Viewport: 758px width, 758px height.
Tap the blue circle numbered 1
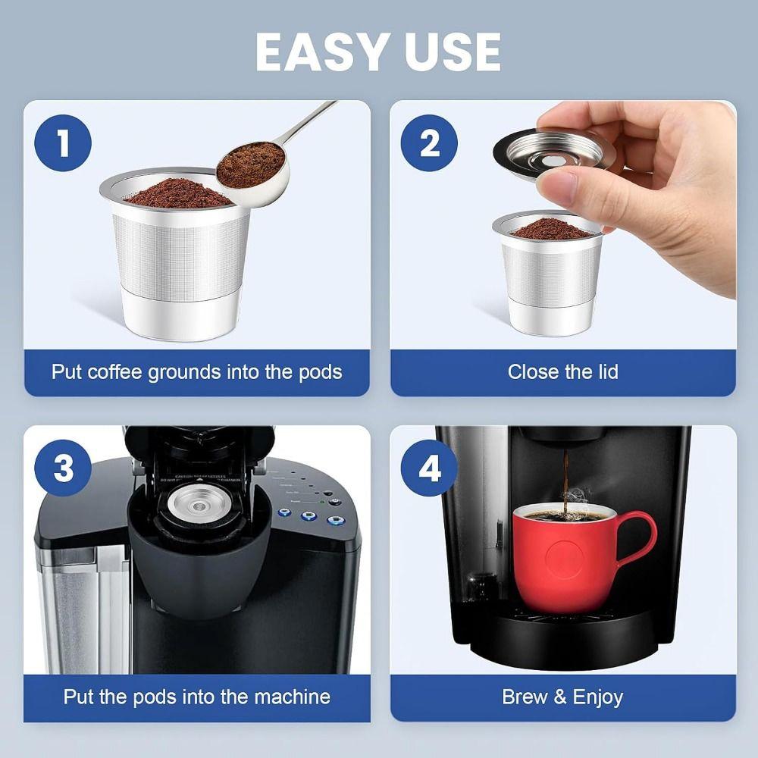pos(63,143)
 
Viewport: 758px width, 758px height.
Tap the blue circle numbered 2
pos(429,143)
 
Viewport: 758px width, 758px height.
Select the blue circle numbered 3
pos(63,468)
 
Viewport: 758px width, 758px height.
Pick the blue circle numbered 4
pos(429,468)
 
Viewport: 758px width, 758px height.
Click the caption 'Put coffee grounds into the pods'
pos(196,372)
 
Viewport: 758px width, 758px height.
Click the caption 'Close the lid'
pos(562,372)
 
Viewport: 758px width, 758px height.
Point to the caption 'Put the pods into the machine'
pos(196,697)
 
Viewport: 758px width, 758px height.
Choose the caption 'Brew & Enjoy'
pos(562,697)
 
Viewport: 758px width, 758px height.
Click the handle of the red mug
pos(638,538)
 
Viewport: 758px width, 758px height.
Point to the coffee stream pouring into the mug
pos(565,478)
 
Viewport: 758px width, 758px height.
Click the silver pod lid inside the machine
pos(199,503)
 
